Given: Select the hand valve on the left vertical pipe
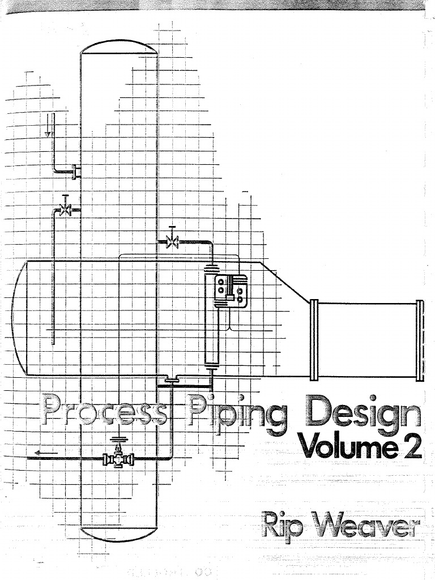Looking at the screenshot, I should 66,210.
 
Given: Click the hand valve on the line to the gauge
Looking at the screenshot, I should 172,242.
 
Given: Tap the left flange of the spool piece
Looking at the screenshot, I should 314,340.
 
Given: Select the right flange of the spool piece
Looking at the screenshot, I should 419,340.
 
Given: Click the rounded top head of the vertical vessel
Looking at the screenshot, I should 118,45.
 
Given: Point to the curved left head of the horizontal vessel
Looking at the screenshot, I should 17,317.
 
